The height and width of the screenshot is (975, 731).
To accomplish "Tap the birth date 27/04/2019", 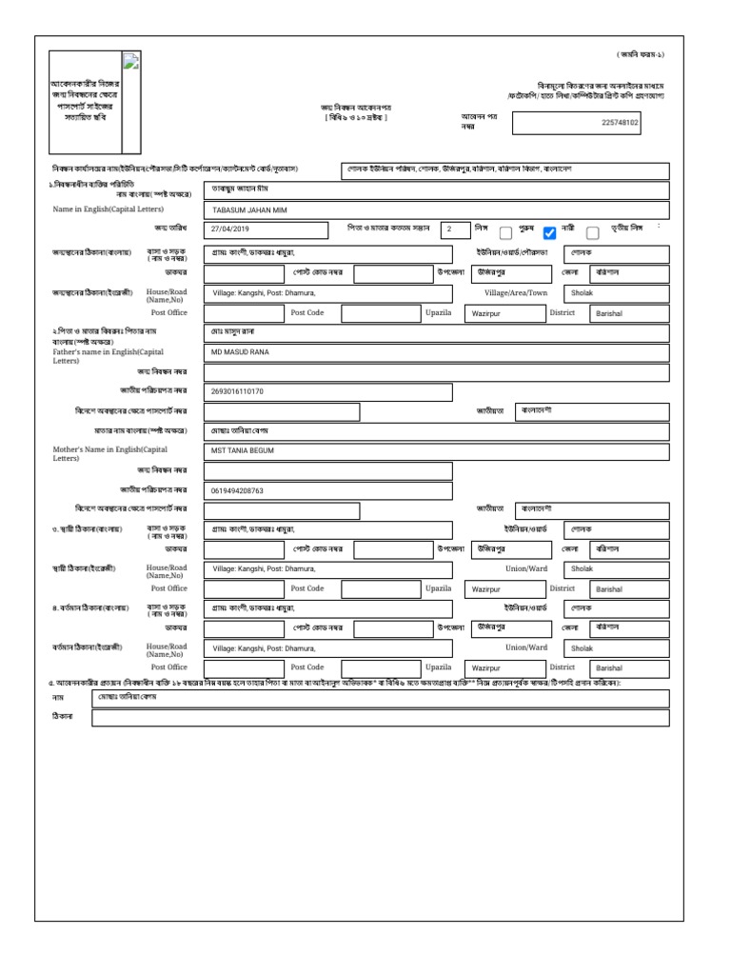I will [229, 229].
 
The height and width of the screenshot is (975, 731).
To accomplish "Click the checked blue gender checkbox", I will [548, 232].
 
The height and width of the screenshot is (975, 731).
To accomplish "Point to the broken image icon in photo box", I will [131, 62].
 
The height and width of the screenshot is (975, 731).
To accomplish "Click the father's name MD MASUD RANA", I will [240, 352].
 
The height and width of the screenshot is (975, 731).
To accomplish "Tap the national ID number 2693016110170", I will [237, 391].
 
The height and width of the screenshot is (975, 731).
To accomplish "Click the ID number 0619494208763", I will [237, 490].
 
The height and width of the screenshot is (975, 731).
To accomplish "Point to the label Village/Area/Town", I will [516, 293].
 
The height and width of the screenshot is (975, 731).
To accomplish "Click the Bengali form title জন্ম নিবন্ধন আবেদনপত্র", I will [356, 108].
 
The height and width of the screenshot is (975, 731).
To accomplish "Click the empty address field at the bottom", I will [380, 720].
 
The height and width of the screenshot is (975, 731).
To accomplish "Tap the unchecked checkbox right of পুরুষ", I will [506, 232].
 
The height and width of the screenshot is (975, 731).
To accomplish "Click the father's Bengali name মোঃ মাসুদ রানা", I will [234, 331].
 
